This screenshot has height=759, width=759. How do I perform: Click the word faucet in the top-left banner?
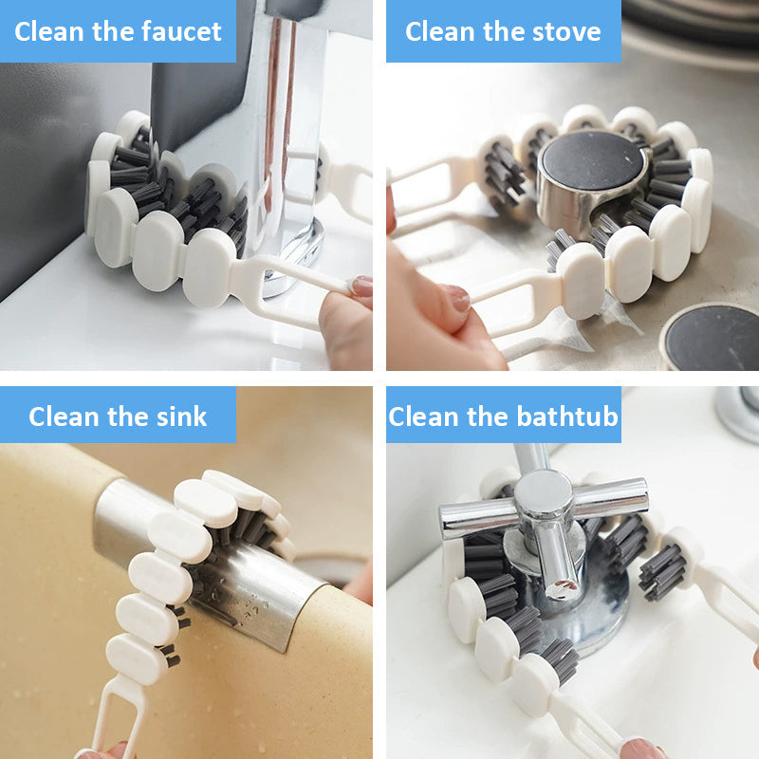(x=181, y=32)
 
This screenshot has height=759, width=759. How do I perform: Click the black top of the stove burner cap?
(x=591, y=159)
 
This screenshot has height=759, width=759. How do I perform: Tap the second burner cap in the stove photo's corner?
(x=712, y=337)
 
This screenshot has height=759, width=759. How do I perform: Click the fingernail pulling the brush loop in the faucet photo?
(x=361, y=287)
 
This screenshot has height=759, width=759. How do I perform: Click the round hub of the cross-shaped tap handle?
(x=543, y=494)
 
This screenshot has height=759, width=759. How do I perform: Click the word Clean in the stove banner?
(x=439, y=32)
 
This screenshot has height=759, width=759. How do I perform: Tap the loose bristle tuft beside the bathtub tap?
(x=661, y=572)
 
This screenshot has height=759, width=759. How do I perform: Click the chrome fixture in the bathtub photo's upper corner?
(x=739, y=413)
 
